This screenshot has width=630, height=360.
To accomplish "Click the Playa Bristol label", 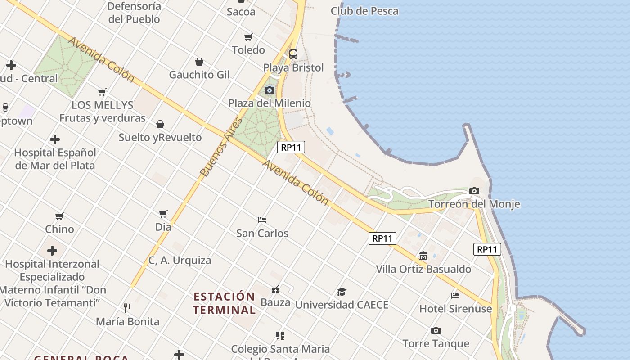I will click(293, 68).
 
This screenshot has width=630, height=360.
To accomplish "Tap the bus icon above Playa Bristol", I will click(293, 54).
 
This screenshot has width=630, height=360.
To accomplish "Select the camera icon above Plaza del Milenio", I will click(270, 90).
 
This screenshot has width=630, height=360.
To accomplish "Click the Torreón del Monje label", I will click(474, 204).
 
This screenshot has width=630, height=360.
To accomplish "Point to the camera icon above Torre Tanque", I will click(436, 330).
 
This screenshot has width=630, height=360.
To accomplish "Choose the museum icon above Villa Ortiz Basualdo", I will click(423, 256).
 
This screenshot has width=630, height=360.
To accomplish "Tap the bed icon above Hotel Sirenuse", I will click(455, 296).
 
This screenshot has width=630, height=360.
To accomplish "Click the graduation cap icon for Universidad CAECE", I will click(342, 292).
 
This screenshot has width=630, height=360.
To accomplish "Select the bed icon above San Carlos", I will click(262, 220).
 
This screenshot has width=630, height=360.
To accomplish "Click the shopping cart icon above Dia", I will click(163, 214).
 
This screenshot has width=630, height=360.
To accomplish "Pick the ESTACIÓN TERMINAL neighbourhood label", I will click(224, 303).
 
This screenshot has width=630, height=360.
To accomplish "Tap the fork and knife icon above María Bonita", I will click(127, 308).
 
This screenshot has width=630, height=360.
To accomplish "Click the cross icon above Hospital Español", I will click(55, 139).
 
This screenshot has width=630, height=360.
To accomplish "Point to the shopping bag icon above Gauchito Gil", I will click(199, 62).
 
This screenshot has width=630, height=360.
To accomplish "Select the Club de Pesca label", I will click(364, 11).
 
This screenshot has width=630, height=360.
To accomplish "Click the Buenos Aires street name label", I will click(221, 147).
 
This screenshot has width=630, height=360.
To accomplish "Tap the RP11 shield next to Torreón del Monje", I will click(487, 249).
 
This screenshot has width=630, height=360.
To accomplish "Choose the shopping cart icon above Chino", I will click(59, 216).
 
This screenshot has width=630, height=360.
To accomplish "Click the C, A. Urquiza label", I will click(180, 260).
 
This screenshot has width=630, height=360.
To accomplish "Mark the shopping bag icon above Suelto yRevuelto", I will click(160, 124).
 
